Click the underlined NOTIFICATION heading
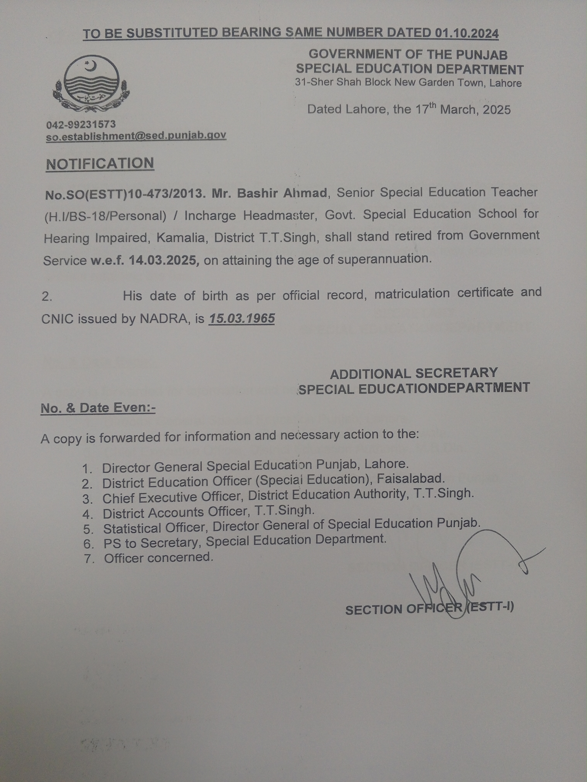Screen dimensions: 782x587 [100, 164]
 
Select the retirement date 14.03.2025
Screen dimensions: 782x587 [162, 260]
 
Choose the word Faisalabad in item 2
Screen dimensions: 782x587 [410, 479]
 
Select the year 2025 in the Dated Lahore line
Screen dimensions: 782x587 [497, 110]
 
